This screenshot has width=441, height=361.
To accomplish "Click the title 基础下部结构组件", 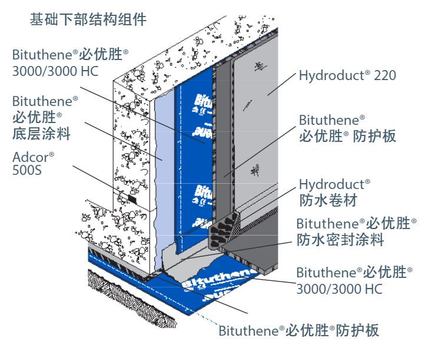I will (88, 19).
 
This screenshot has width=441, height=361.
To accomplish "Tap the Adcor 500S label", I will (34, 163).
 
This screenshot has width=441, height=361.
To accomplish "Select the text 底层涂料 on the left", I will (41, 134).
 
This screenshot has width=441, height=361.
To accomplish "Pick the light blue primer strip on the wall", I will (166, 159).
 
